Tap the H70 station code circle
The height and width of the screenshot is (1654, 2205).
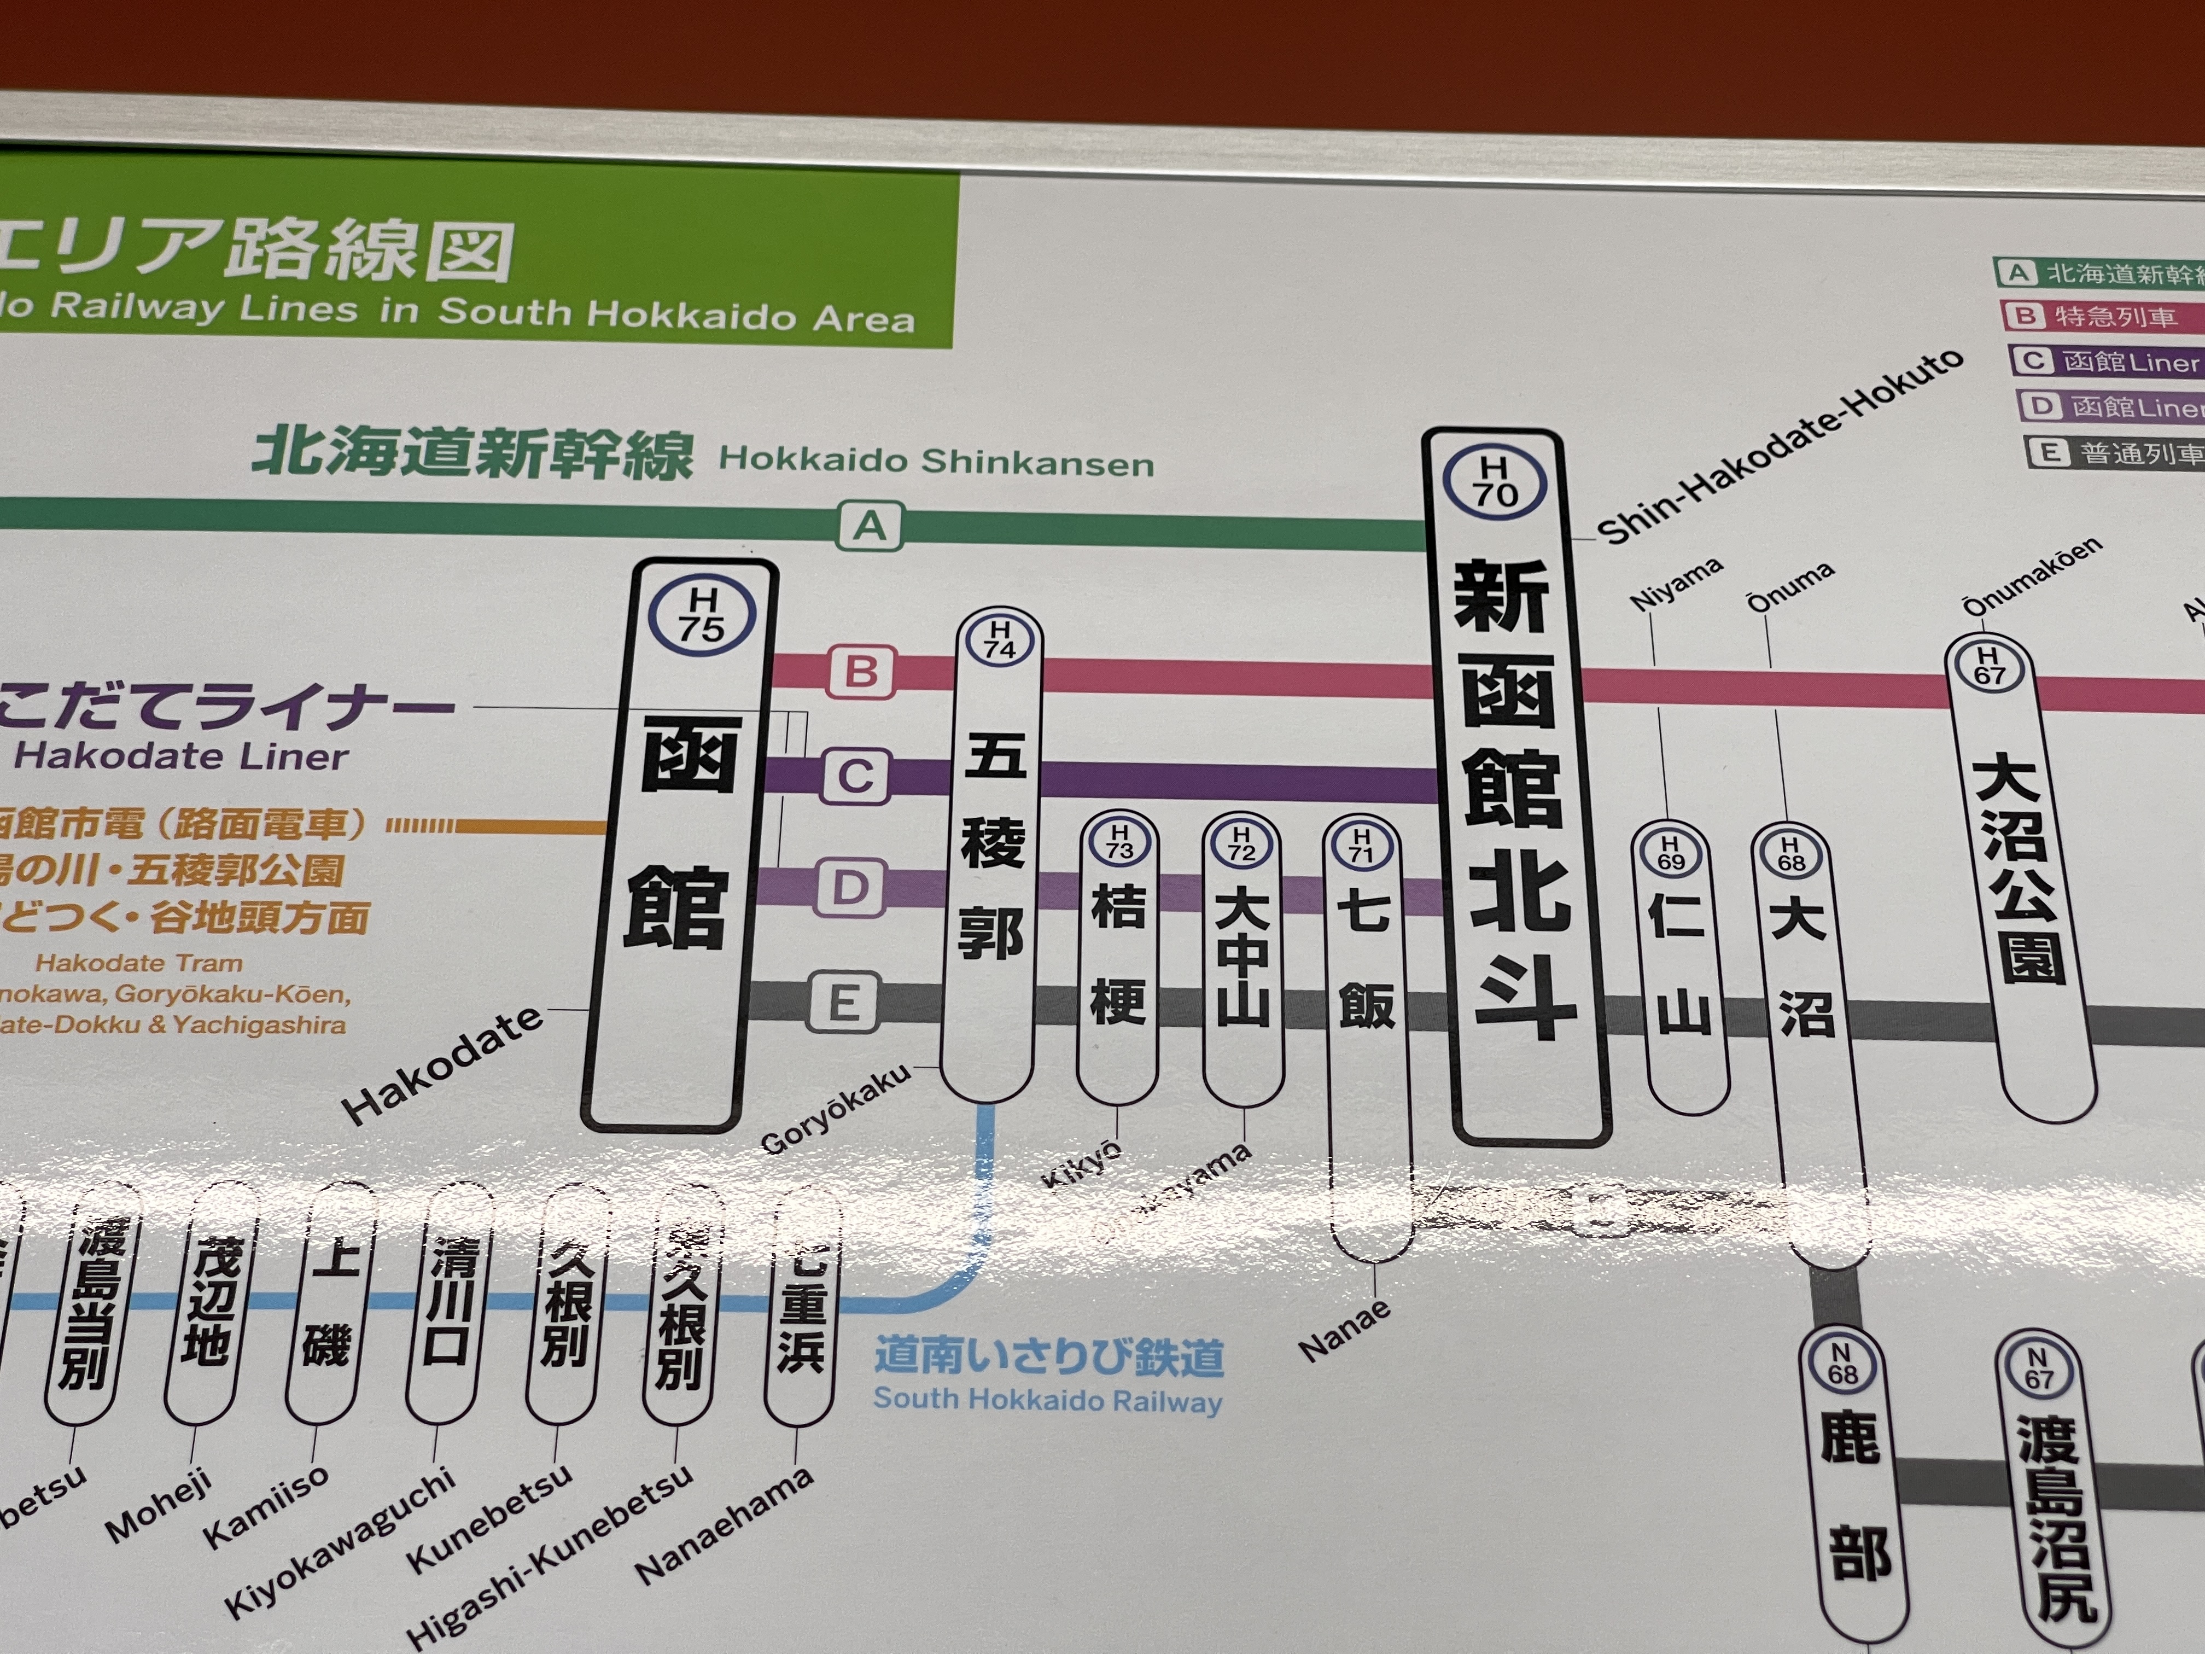(1494, 481)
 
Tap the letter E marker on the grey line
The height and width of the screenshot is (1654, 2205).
(843, 1001)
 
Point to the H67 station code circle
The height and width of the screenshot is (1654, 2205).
(1988, 665)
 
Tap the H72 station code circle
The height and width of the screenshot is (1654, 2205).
(1241, 843)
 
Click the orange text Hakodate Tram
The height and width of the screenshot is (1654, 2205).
(138, 963)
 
